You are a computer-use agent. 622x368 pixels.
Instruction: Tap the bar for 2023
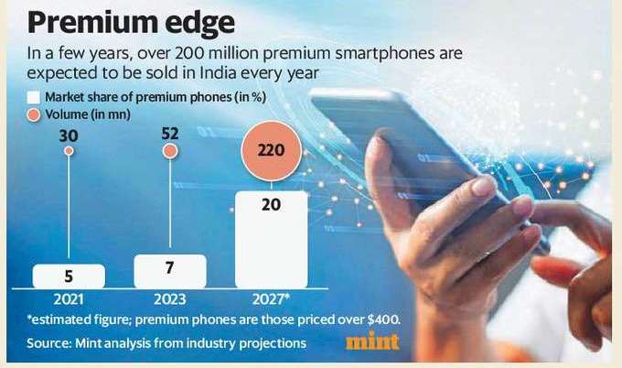click(169, 271)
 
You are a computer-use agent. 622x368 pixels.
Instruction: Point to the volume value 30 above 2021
click(69, 135)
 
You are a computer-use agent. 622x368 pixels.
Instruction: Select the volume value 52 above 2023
click(169, 135)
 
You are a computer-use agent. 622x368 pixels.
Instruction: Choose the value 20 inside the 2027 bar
click(271, 205)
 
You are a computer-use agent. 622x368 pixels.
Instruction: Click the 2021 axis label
click(69, 298)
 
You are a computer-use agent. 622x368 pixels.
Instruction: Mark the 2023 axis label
click(169, 298)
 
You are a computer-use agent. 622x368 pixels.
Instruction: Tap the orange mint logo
click(372, 342)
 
